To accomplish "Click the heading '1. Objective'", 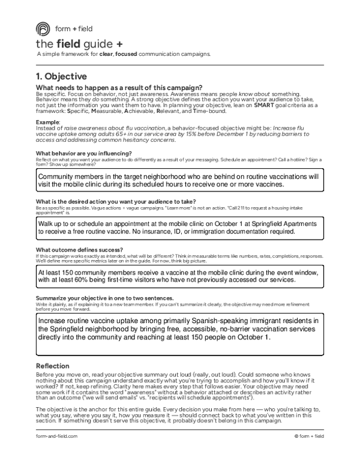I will (61, 77).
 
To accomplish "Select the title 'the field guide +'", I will (79, 44).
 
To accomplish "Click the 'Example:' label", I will (48, 121).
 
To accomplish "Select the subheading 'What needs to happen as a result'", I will (119, 88).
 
